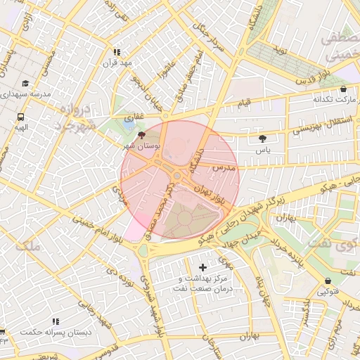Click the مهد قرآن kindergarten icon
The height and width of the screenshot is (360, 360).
(x=117, y=52)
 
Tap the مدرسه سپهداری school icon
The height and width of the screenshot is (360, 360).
(x=25, y=83)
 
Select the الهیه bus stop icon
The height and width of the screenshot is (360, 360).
(x=20, y=117)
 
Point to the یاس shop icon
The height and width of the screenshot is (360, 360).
(x=263, y=139)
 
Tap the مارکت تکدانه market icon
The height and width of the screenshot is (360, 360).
(x=342, y=89)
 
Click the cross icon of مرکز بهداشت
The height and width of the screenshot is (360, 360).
(x=203, y=267)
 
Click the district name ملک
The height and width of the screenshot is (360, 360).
(x=29, y=246)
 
